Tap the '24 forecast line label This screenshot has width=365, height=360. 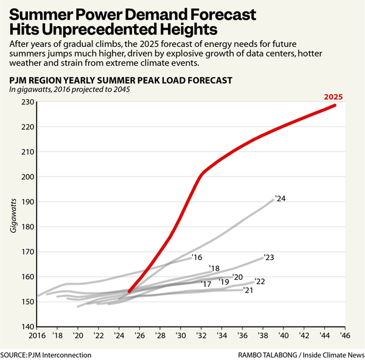[280, 198]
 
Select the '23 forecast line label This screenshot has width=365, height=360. [269, 257]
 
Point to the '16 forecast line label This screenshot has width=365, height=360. [196, 257]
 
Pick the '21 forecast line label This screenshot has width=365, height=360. [248, 290]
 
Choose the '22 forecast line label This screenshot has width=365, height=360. [259, 281]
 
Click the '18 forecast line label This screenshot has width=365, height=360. [214, 268]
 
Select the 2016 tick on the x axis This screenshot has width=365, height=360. [38, 335]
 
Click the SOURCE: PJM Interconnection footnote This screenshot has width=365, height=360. [46, 355]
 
